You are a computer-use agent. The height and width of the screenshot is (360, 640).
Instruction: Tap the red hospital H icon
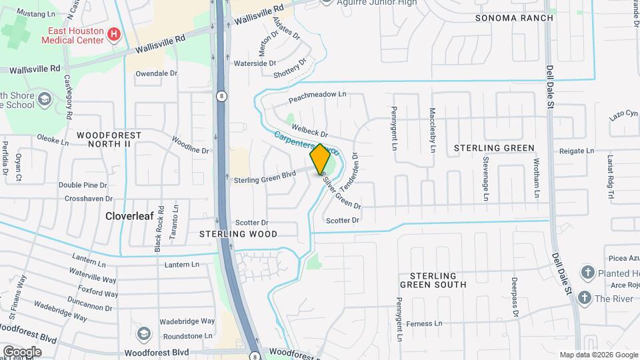click(x=115, y=33)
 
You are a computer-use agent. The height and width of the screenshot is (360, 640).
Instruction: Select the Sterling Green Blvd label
click(x=264, y=179)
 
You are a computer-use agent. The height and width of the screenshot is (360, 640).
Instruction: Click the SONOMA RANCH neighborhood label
click(x=514, y=18)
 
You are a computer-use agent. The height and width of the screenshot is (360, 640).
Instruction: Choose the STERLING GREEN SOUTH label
click(x=433, y=280)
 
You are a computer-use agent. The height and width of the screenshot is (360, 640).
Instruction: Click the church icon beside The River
click(x=585, y=298)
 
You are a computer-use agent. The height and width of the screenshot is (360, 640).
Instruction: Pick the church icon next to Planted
click(x=587, y=272)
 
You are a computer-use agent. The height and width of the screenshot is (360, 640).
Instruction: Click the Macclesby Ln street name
click(x=433, y=130)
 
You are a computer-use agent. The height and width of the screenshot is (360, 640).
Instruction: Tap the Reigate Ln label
click(x=576, y=151)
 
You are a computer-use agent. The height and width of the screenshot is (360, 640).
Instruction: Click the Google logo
click(x=22, y=351)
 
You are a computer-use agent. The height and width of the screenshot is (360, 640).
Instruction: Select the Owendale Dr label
click(x=157, y=73)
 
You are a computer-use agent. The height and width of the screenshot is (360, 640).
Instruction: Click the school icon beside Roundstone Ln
click(x=143, y=333)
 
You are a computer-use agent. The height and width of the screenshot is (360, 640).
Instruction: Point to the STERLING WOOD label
click(x=238, y=234)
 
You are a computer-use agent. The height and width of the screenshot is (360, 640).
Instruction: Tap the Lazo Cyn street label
click(x=624, y=116)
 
